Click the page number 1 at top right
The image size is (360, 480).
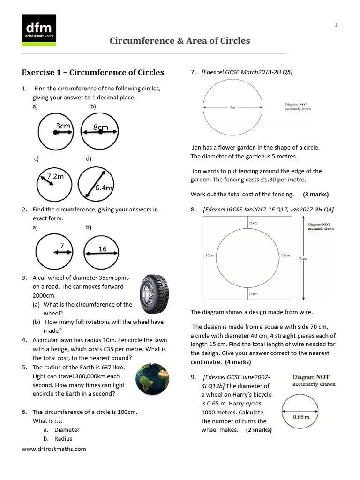coord(336,25)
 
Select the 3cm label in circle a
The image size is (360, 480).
coord(63,126)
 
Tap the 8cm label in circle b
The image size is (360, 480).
coord(100,127)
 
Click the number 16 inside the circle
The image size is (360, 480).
coord(102,249)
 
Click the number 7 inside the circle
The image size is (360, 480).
coord(61,246)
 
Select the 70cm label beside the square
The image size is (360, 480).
coord(303,258)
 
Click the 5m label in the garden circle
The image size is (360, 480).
coord(232,108)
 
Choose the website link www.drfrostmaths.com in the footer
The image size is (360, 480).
coord(54,449)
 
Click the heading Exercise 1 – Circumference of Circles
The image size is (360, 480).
coord(93,72)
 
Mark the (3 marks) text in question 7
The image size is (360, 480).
coord(315,194)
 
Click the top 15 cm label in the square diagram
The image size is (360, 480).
coord(253,223)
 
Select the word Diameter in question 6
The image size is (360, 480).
coord(67,429)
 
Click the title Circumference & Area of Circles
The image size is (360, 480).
coord(180,41)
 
